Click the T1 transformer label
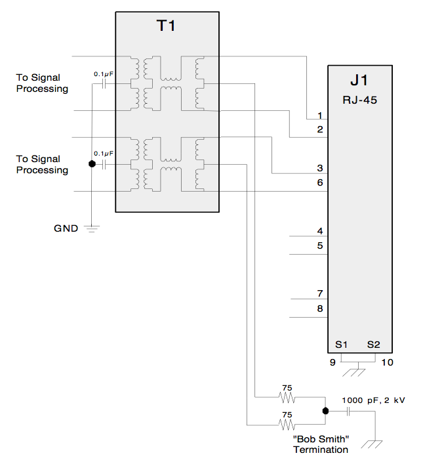pyautogui.click(x=166, y=27)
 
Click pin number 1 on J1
pyautogui.click(x=319, y=115)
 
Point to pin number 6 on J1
pyautogui.click(x=319, y=182)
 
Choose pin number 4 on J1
pyautogui.click(x=319, y=231)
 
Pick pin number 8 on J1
pyautogui.click(x=319, y=308)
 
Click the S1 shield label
pyautogui.click(x=341, y=344)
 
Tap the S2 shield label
pyautogui.click(x=374, y=344)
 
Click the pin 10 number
pyautogui.click(x=387, y=361)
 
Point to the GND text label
pyautogui.click(x=66, y=228)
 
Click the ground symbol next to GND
pyautogui.click(x=92, y=229)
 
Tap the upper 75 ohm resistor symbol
pyautogui.click(x=286, y=398)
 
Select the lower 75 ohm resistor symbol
pyautogui.click(x=286, y=423)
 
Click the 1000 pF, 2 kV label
pyautogui.click(x=369, y=399)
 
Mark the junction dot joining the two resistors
pyautogui.click(x=325, y=411)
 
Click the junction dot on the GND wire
pyautogui.click(x=92, y=164)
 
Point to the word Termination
pyautogui.click(x=321, y=450)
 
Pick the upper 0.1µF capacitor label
pyautogui.click(x=104, y=74)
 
